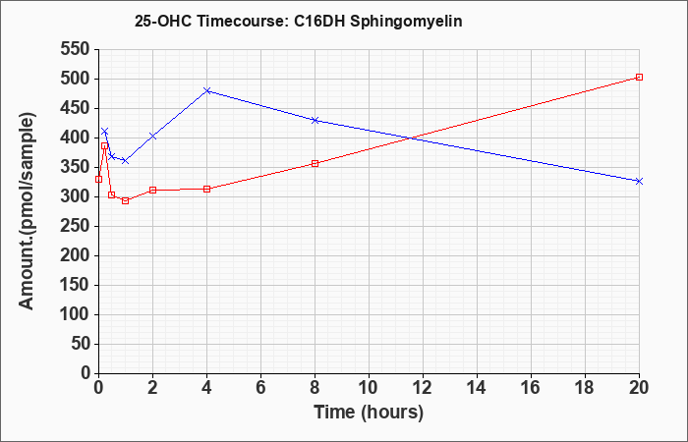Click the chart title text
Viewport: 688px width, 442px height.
[299, 21]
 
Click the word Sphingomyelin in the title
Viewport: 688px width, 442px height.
[405, 22]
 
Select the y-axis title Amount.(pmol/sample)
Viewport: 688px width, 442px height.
[28, 211]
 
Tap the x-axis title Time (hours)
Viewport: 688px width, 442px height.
[369, 413]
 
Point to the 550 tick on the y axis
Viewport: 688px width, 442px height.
[76, 49]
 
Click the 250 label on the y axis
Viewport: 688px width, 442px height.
[76, 226]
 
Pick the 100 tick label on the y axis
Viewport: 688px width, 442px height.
[76, 315]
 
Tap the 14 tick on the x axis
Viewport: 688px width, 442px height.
[477, 388]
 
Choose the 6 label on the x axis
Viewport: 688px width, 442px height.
[260, 388]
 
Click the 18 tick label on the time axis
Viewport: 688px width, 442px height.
[586, 388]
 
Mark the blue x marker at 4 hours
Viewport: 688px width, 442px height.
[207, 90]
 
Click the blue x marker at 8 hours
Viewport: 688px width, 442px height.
[315, 120]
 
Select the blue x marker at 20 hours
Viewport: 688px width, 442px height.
[639, 181]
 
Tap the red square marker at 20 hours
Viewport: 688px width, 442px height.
[639, 78]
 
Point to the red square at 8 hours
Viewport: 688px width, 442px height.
[315, 164]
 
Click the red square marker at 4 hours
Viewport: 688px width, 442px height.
[207, 189]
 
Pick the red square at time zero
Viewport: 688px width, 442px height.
[98, 179]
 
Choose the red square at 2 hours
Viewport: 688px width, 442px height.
[152, 190]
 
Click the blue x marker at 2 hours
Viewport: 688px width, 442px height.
[152, 137]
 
